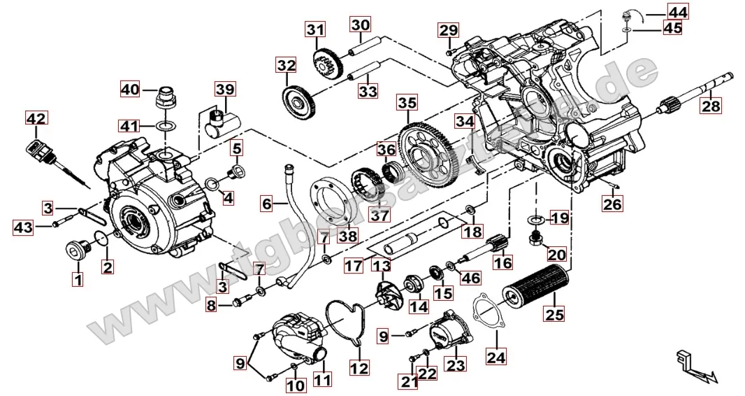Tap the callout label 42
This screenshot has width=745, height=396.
point(36,119)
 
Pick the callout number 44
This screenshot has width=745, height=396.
point(677,12)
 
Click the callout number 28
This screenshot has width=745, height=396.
point(711,106)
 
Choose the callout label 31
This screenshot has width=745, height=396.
point(315,30)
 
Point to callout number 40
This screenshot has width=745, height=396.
point(130,90)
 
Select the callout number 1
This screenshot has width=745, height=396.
point(77,281)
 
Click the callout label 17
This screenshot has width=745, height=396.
point(354,267)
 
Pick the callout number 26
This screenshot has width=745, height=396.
point(612,204)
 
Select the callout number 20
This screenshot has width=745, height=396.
point(556,255)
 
